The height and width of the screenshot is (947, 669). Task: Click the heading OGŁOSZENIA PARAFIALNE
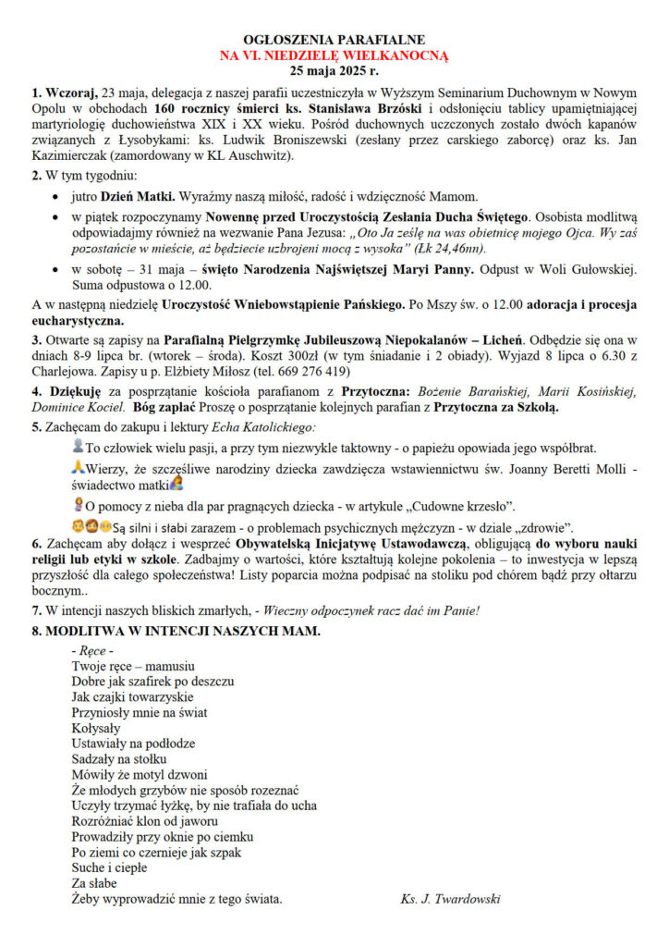tap(334, 41)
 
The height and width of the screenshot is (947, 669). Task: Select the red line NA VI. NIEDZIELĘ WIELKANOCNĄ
tap(334, 55)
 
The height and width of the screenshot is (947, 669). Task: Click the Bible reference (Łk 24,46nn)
tap(456, 249)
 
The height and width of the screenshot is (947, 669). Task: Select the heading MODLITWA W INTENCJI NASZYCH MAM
tap(176, 631)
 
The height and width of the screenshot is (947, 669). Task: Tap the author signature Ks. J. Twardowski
tap(450, 898)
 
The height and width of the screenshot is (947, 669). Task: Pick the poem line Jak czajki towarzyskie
tap(132, 696)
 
